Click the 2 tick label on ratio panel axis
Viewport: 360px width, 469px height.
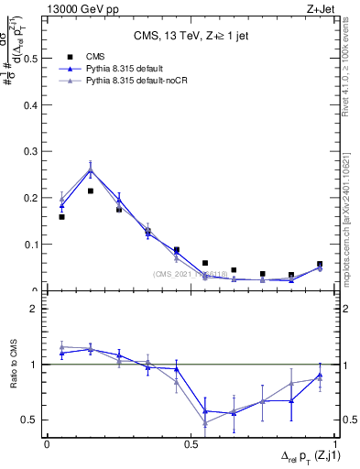35,310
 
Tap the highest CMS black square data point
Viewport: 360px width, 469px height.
90,191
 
